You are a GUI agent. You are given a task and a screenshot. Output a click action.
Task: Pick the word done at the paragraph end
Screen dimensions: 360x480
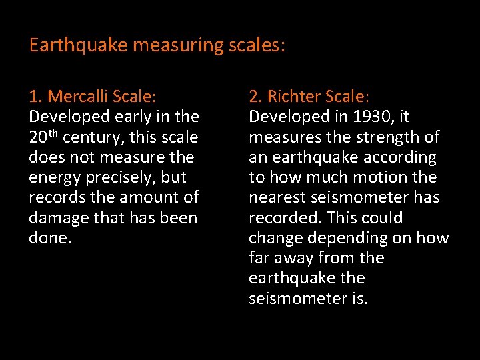point(48,238)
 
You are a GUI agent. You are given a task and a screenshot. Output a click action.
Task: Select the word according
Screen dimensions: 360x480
point(399,157)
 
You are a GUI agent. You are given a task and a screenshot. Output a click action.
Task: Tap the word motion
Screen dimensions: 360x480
point(382,177)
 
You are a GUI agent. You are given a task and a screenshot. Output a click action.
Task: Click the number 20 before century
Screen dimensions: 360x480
point(37,137)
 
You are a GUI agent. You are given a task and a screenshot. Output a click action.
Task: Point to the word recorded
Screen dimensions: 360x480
point(281,218)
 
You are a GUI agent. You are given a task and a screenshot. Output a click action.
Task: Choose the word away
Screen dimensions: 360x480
point(295,258)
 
